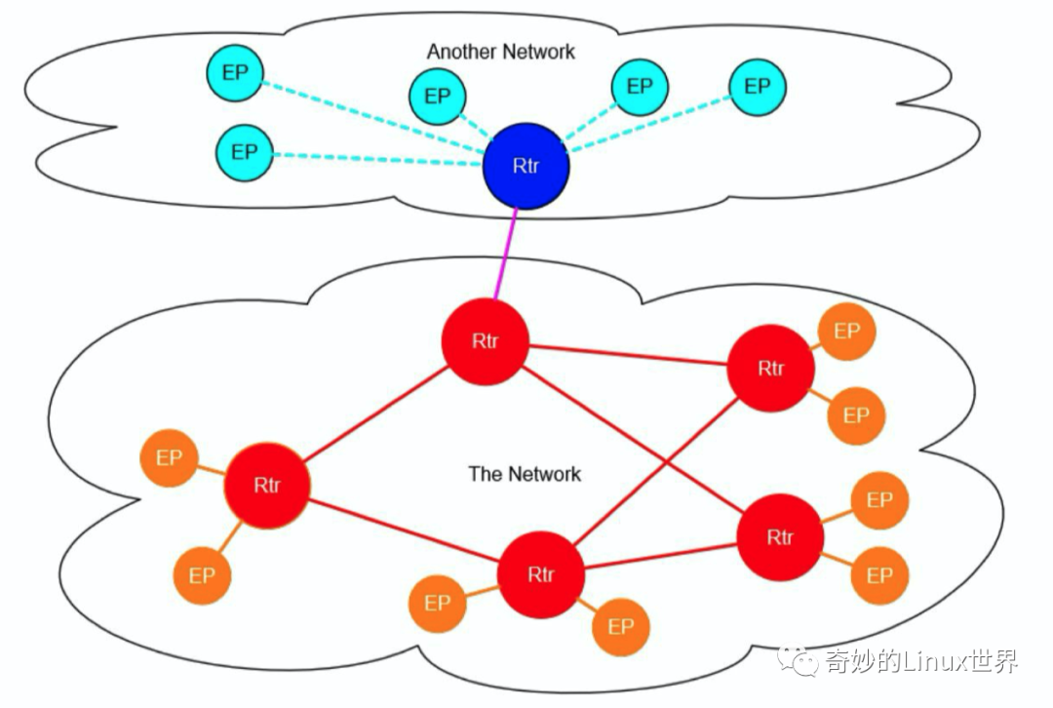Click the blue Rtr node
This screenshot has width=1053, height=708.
coord(526,166)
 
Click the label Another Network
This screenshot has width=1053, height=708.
coord(501,52)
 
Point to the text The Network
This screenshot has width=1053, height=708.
coord(525,474)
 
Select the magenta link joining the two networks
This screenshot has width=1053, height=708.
coord(506,255)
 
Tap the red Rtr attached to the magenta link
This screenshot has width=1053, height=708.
coord(485,342)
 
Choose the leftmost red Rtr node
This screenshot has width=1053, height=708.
coord(266,485)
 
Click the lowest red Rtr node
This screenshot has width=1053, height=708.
coord(540,574)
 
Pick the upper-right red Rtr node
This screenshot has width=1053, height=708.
coord(771,368)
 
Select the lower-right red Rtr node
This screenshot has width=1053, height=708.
coord(780,537)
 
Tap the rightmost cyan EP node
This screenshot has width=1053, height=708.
coord(758,88)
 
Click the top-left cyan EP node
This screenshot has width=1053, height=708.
coord(235,72)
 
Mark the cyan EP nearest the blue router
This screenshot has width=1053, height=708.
coord(438,96)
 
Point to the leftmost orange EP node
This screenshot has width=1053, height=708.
coord(170,458)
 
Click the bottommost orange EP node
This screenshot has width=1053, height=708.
coord(621,627)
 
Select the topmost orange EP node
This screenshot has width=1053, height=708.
coord(847,332)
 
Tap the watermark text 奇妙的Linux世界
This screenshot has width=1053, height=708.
coord(921,662)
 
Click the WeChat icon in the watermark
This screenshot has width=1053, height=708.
coord(798,661)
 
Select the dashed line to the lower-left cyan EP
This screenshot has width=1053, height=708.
coord(377,159)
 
